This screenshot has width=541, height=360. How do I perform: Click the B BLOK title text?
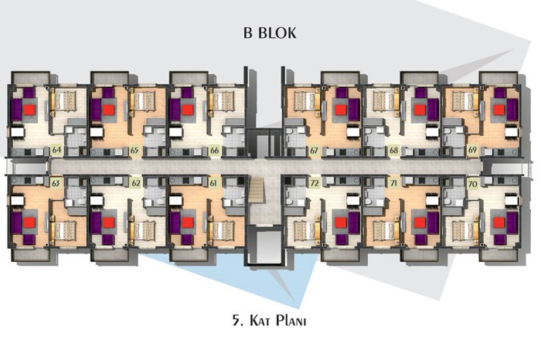(x=270, y=32)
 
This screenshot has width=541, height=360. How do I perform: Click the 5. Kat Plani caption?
(x=270, y=321)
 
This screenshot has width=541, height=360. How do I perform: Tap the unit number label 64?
(x=56, y=151)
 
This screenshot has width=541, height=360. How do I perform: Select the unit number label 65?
(x=134, y=151)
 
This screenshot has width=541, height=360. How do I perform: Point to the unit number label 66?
(x=214, y=151)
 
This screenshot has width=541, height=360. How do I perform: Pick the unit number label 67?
(x=314, y=151)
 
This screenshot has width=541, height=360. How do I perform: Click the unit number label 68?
(x=393, y=151)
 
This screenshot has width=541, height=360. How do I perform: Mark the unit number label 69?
(x=472, y=150)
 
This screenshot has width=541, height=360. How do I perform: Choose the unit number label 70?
(x=472, y=184)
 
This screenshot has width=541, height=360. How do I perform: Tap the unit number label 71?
(x=393, y=183)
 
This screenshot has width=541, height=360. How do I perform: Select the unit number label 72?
(x=314, y=183)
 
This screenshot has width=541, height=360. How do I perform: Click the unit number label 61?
(x=213, y=183)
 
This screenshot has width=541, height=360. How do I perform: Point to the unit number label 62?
(x=135, y=183)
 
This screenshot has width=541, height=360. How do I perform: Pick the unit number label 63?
(x=56, y=183)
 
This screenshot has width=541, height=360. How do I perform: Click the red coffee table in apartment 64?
(x=29, y=110)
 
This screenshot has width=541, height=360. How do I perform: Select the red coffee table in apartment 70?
(x=499, y=222)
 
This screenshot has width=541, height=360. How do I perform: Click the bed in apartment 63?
(x=63, y=230)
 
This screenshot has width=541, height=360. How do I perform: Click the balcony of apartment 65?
(x=110, y=78)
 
